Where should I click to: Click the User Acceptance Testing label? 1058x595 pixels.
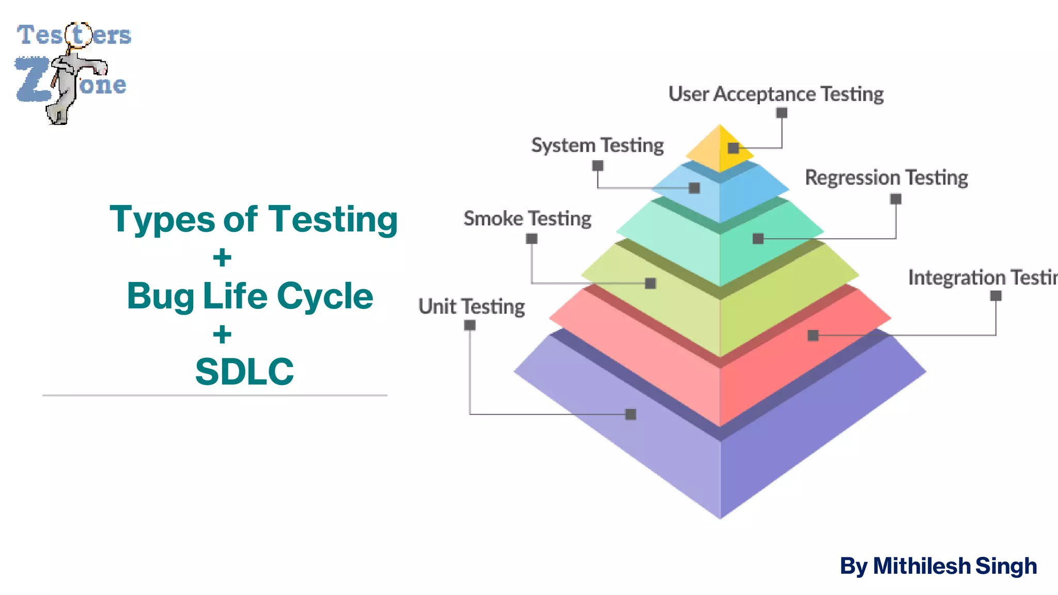tap(775, 94)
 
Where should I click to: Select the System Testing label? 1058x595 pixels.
tap(597, 145)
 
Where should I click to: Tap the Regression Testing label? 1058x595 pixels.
tap(886, 178)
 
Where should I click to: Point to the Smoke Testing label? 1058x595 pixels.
tap(527, 218)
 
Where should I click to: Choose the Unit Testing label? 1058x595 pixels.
tap(471, 307)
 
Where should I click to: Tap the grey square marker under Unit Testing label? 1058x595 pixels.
tap(470, 325)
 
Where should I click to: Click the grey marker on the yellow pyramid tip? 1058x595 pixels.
tap(733, 148)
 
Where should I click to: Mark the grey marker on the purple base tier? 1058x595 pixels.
tap(631, 414)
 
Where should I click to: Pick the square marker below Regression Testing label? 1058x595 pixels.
tap(896, 199)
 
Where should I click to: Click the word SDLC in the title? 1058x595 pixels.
tap(244, 371)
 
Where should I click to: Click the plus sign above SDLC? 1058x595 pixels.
tap(222, 334)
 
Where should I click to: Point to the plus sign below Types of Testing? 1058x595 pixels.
tap(222, 257)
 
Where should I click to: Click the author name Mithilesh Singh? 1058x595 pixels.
tap(954, 566)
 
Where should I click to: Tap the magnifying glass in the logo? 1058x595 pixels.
tap(78, 35)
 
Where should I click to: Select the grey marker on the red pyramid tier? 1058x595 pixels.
tap(813, 336)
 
